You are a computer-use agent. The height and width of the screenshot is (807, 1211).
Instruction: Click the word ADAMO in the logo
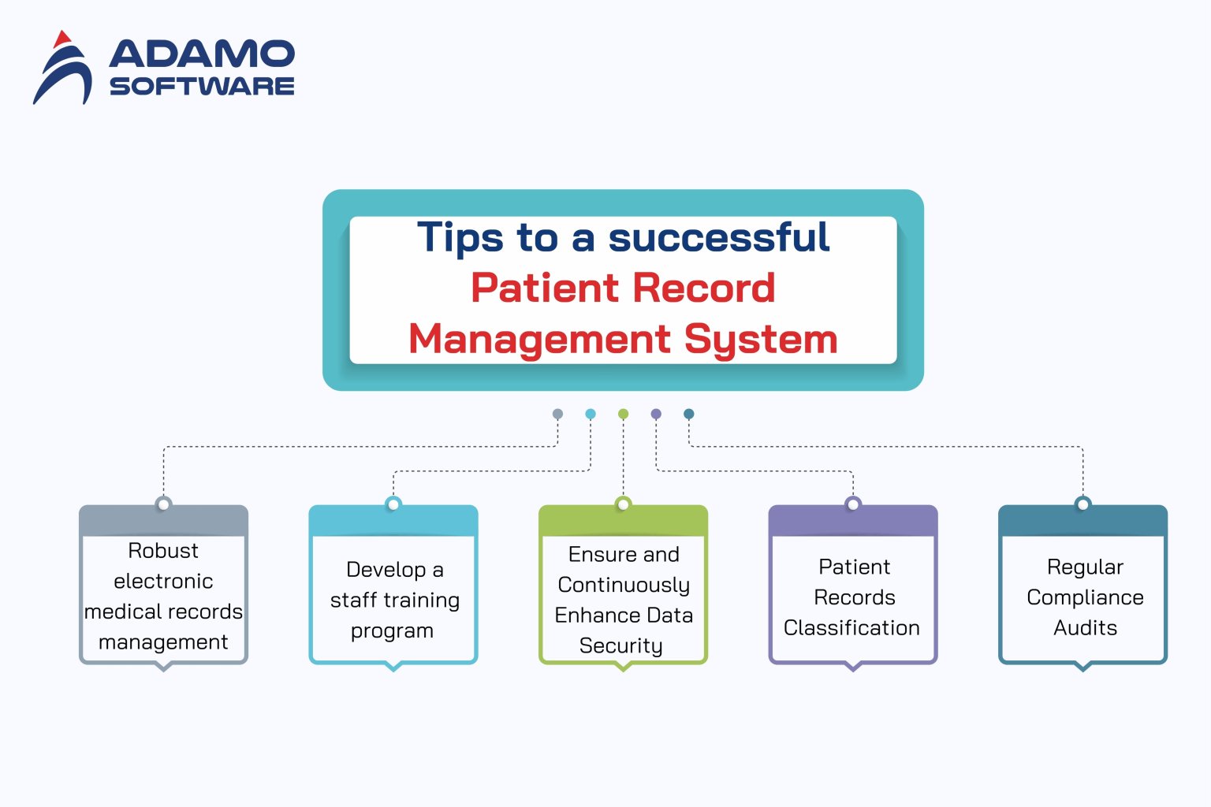tap(202, 54)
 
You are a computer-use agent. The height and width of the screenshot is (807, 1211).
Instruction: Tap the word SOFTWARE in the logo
tap(202, 86)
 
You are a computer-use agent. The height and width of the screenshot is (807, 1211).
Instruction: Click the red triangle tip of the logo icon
tap(62, 38)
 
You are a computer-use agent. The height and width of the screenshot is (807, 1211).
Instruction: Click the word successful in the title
tap(719, 237)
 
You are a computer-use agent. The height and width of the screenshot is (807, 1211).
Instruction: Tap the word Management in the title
tap(540, 339)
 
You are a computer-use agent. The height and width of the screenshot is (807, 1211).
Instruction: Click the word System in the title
tap(761, 339)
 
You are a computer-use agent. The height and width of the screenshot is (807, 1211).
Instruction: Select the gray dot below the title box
tap(557, 414)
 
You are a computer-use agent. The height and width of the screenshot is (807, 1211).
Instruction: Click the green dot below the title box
tap(623, 414)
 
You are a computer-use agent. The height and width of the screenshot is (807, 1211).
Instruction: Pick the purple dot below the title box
tap(656, 414)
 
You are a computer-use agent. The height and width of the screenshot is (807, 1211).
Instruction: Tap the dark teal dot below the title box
tap(688, 414)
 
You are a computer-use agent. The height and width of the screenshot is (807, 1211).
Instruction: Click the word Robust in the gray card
tap(163, 550)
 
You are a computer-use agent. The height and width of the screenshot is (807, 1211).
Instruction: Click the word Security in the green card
tap(620, 645)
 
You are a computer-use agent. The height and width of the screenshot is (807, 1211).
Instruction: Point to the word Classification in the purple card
tap(851, 627)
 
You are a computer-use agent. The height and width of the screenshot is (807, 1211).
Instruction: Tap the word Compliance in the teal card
tap(1085, 597)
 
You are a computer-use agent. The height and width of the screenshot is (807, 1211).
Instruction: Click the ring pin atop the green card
tap(623, 504)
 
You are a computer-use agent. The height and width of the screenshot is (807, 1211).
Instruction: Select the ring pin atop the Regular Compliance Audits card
tap(1082, 504)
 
